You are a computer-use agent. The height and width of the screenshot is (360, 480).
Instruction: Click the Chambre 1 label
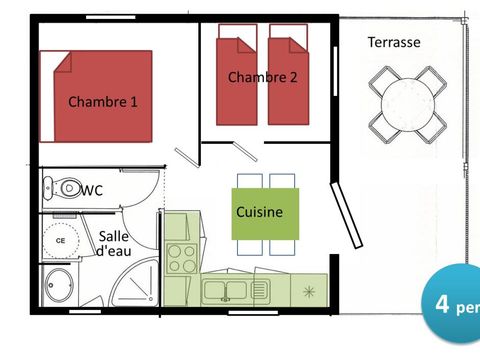[x=103, y=101]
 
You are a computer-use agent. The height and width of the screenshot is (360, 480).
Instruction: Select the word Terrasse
[x=393, y=42]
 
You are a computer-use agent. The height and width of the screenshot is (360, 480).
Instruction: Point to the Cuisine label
[x=259, y=212]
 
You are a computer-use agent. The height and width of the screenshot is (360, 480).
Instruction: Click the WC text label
[x=93, y=189]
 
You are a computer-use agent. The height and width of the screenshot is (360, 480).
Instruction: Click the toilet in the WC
[x=66, y=186]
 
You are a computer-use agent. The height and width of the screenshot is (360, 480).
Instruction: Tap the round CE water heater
[x=60, y=240]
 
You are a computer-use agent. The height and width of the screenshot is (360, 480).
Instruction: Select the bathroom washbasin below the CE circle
[x=59, y=287]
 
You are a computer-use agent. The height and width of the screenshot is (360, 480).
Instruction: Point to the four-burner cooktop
[x=181, y=258]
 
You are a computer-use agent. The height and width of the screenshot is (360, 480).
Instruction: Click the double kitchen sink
[x=227, y=291]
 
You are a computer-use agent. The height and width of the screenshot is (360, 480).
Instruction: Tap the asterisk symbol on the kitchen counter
[x=308, y=291]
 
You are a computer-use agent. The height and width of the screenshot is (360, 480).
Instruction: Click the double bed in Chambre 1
[x=96, y=96]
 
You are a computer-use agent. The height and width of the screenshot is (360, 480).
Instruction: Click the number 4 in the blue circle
[x=441, y=304]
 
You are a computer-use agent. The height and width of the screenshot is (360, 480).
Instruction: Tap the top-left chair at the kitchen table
[x=249, y=181]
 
